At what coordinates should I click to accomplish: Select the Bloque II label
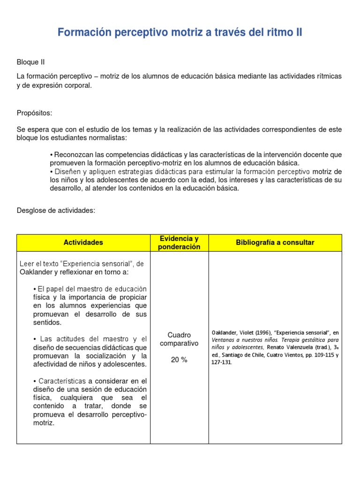coord(30,62)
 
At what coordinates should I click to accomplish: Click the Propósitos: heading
coord(34,113)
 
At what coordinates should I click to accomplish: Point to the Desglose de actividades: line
coord(56,210)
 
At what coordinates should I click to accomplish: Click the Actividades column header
coord(83,242)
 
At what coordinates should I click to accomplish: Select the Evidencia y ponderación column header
coord(179,243)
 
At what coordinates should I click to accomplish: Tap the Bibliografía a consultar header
coord(275,242)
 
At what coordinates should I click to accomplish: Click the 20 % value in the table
coord(179,360)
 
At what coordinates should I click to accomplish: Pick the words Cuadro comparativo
coord(179,339)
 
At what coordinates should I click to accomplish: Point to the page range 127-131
coord(222,363)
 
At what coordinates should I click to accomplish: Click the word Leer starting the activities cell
coord(26,264)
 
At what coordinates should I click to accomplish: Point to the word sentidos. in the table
coord(47,322)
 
